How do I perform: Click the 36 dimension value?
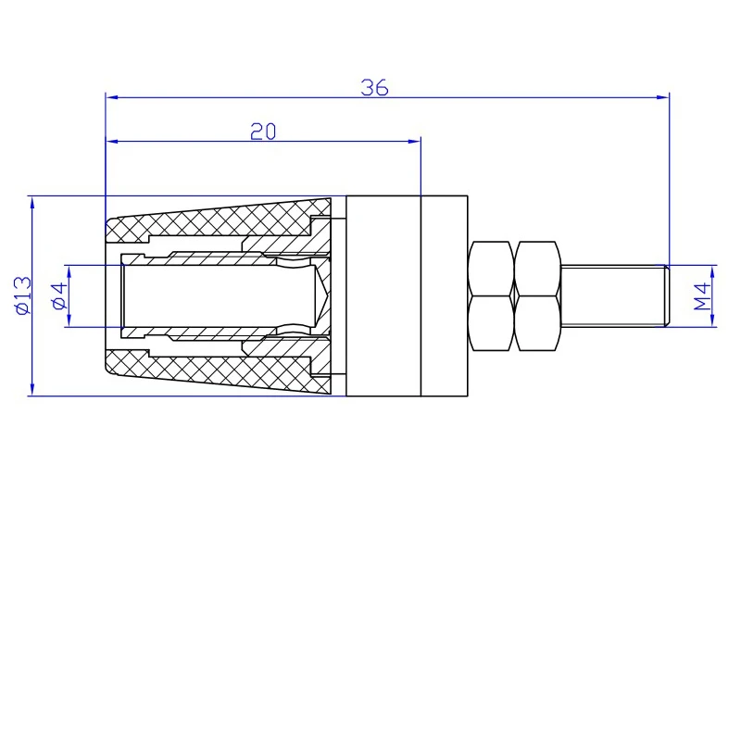(374, 87)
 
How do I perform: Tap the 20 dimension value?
(263, 132)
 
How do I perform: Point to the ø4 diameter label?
(60, 296)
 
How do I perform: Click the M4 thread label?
(702, 296)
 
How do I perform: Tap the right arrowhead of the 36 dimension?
(663, 97)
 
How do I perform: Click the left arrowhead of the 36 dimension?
(112, 97)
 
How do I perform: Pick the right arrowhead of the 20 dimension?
(414, 141)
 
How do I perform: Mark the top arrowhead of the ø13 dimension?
(32, 202)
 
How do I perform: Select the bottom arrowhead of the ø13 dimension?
(32, 389)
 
